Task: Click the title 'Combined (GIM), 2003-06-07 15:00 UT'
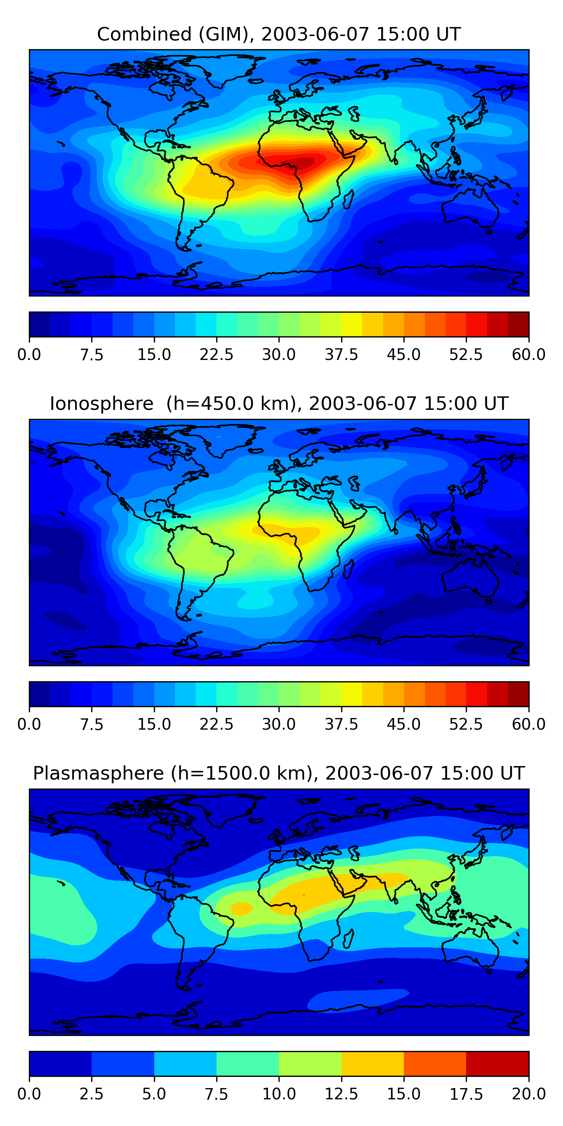point(279,34)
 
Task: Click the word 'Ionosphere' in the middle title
point(101,403)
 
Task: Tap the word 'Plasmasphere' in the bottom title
point(98,773)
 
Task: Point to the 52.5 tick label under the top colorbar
point(466,354)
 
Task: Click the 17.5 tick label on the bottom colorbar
point(466,1094)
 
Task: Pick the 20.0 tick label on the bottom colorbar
point(528,1094)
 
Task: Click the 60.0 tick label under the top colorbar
point(528,354)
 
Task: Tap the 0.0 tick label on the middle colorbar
point(29,724)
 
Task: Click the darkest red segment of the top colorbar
point(518,324)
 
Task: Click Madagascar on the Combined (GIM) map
point(348,199)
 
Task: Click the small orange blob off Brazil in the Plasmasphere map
point(242,909)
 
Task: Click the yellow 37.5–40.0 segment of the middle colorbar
point(352,694)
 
